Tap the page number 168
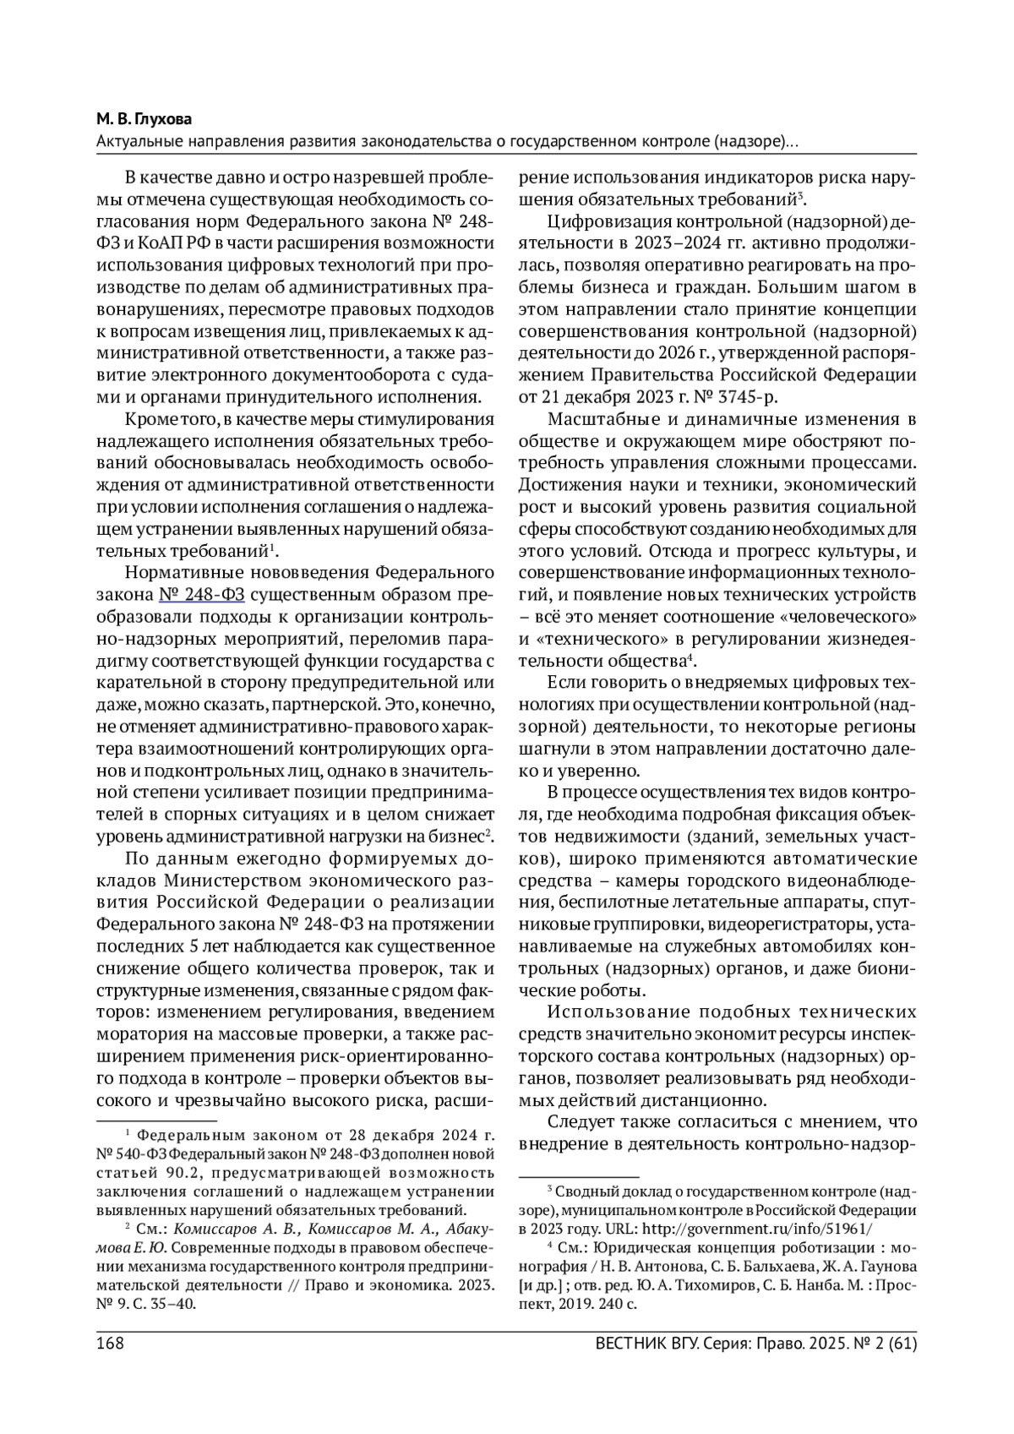click(x=110, y=1343)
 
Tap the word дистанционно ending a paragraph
click(x=715, y=1100)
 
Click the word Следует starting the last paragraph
click(x=582, y=1122)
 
